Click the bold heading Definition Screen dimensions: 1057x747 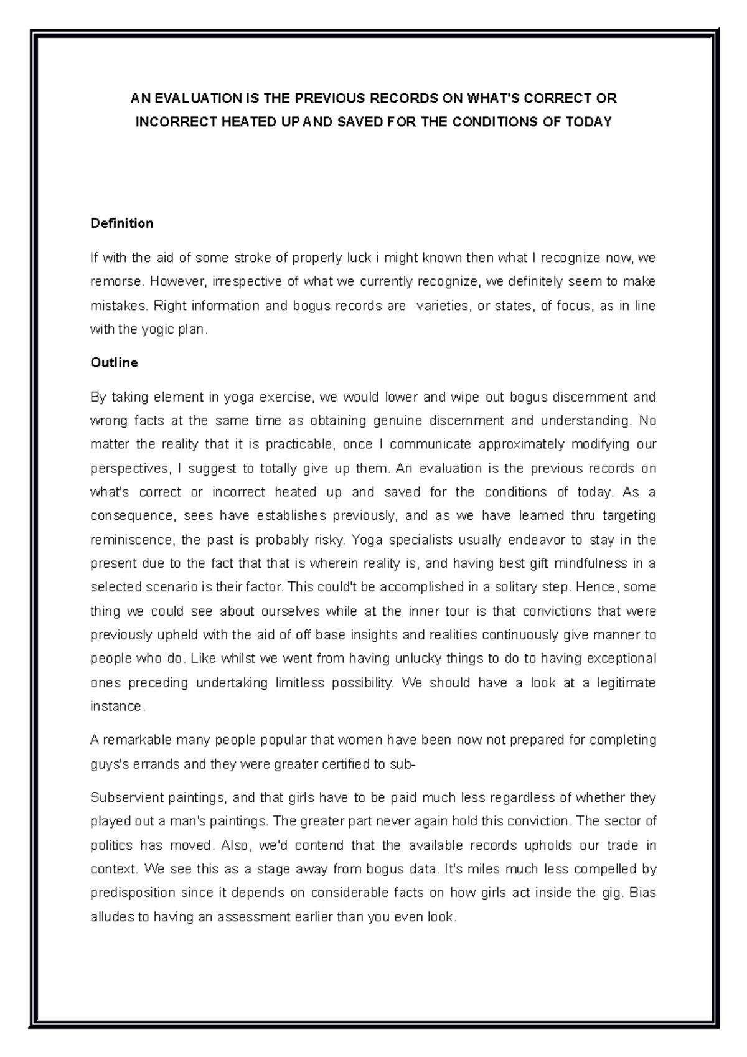pyautogui.click(x=121, y=223)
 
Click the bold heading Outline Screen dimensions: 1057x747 pyautogui.click(x=114, y=363)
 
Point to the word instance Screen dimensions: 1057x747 pyautogui.click(x=116, y=707)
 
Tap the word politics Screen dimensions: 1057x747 pyautogui.click(x=111, y=846)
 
